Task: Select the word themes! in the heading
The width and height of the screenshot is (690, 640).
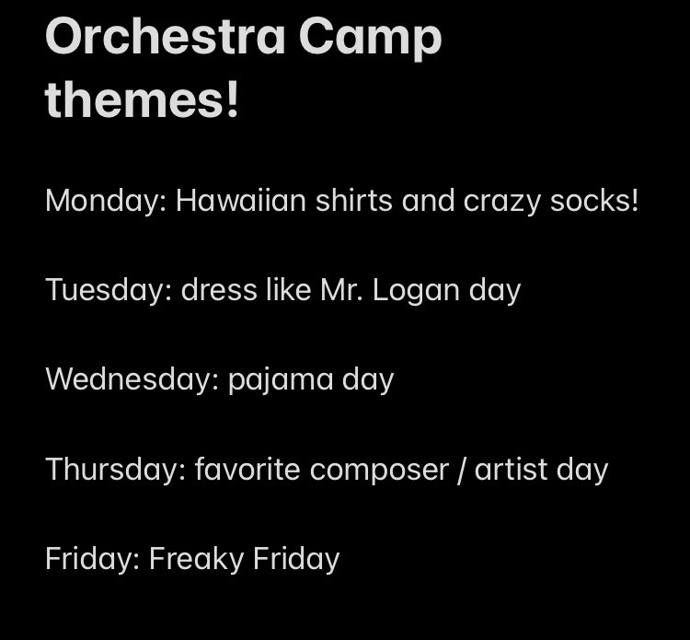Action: point(142,99)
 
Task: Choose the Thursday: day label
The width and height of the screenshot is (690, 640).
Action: point(116,469)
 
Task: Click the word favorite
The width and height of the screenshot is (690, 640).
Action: point(247,469)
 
